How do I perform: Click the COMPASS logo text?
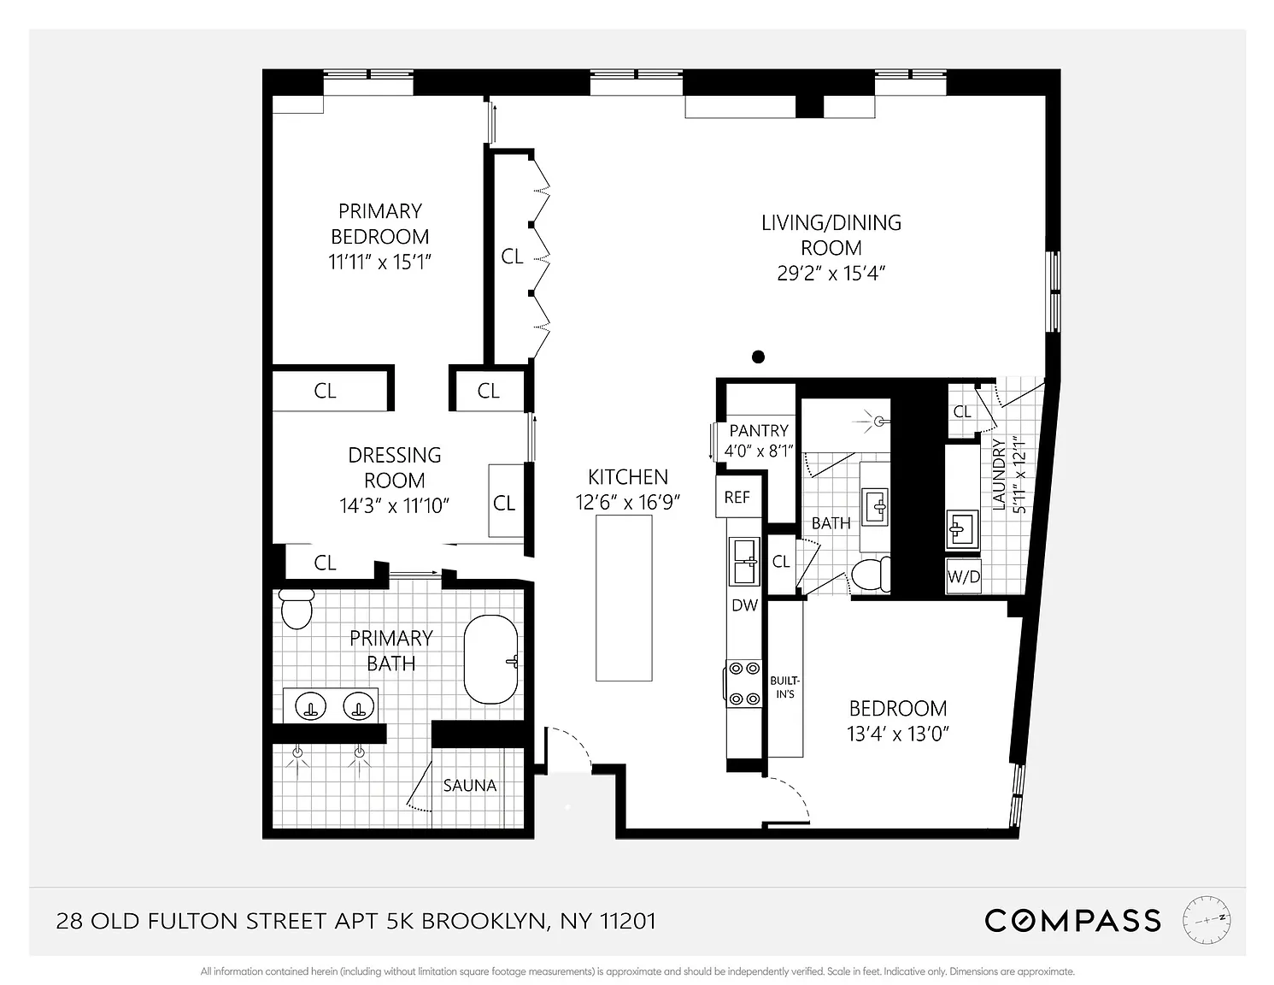[x=1072, y=921]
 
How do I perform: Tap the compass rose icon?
[x=1206, y=919]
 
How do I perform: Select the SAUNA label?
[x=470, y=785]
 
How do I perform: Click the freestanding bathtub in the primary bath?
[x=490, y=659]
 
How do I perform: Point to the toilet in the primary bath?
[x=296, y=609]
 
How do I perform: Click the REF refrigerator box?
[x=738, y=496]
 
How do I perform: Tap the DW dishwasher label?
[x=744, y=605]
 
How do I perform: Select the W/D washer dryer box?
[x=963, y=576]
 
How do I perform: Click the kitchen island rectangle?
[x=624, y=598]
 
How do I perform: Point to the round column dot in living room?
[x=758, y=357]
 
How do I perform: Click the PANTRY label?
[x=759, y=431]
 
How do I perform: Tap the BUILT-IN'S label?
[x=785, y=687]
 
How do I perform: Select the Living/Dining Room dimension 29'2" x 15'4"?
[x=831, y=274]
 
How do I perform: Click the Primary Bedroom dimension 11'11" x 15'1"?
[x=380, y=262]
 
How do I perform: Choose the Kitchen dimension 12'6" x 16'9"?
[x=627, y=502]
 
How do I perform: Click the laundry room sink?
[x=962, y=530]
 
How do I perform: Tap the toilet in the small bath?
[x=871, y=575]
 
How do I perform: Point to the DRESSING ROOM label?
[x=394, y=468]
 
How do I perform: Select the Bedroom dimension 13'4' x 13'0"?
[x=897, y=734]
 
